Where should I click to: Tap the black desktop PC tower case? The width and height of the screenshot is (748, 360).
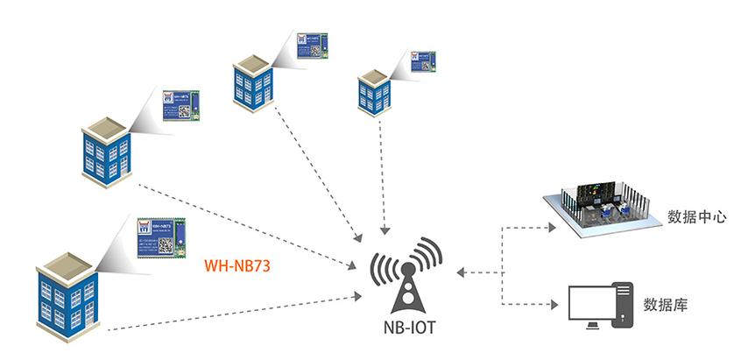(x=623, y=305)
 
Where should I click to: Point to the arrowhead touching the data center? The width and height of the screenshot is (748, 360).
(x=551, y=227)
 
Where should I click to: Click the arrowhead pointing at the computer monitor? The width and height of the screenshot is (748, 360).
(x=554, y=306)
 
